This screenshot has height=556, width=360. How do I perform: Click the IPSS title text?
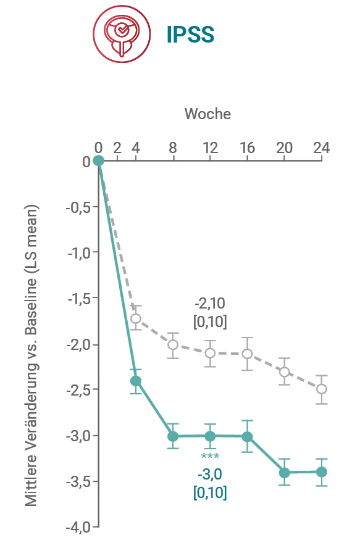pyautogui.click(x=190, y=35)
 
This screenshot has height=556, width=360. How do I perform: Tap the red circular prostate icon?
pyautogui.click(x=122, y=34)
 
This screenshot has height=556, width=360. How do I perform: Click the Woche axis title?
pyautogui.click(x=207, y=114)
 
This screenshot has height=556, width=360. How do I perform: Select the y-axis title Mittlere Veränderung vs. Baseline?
pyautogui.click(x=31, y=355)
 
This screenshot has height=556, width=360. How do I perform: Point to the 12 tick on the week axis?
pyautogui.click(x=210, y=148)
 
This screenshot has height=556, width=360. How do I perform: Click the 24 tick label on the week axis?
pyautogui.click(x=321, y=148)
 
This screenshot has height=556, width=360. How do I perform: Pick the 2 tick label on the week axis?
pyautogui.click(x=117, y=148)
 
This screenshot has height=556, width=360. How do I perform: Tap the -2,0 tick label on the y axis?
pyautogui.click(x=79, y=344)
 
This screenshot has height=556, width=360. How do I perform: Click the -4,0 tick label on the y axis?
pyautogui.click(x=78, y=527)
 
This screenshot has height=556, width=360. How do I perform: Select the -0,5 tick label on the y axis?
pyautogui.click(x=79, y=207)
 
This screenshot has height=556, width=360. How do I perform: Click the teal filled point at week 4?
pyautogui.click(x=136, y=381)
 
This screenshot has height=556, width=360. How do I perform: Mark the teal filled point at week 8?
pyautogui.click(x=173, y=436)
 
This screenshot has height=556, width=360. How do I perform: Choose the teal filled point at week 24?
pyautogui.click(x=321, y=472)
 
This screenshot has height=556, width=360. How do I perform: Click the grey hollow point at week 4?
pyautogui.click(x=136, y=318)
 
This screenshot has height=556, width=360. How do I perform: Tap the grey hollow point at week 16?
pyautogui.click(x=247, y=354)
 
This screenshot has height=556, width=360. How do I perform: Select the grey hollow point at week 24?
pyautogui.click(x=321, y=389)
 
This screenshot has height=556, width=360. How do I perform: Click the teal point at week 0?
pyautogui.click(x=98, y=160)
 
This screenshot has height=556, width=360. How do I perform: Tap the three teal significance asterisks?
pyautogui.click(x=210, y=456)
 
